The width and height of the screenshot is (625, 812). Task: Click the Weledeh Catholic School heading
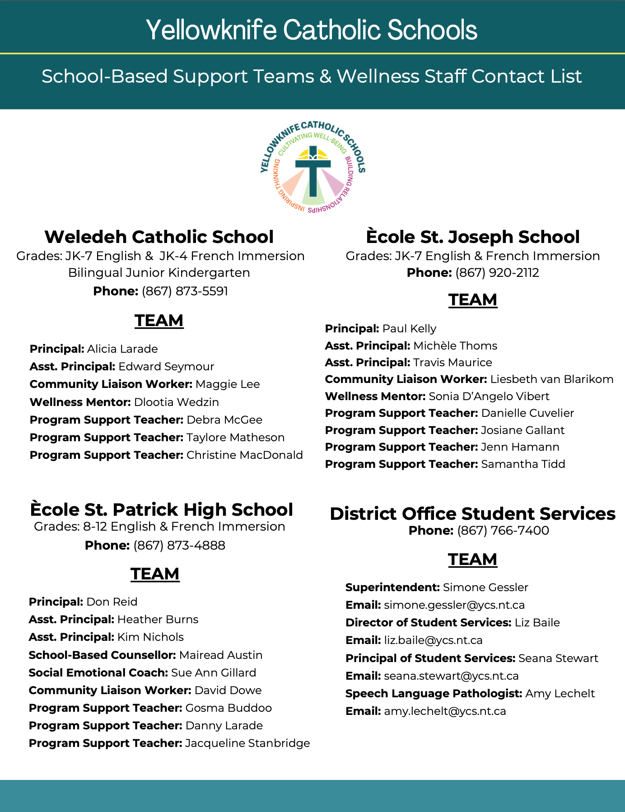pyautogui.click(x=159, y=237)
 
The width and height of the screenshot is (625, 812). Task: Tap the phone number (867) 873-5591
pyautogui.click(x=185, y=291)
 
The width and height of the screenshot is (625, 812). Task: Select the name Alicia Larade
pyautogui.click(x=122, y=349)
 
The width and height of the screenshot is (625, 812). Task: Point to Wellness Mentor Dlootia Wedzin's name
pyautogui.click(x=177, y=402)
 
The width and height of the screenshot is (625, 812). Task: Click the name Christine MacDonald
pyautogui.click(x=244, y=455)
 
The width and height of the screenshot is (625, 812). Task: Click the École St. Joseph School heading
pyautogui.click(x=473, y=237)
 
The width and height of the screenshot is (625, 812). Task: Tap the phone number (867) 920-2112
pyautogui.click(x=497, y=273)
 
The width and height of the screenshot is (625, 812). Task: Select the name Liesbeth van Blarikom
pyautogui.click(x=552, y=379)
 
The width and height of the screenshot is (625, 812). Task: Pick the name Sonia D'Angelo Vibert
pyautogui.click(x=489, y=397)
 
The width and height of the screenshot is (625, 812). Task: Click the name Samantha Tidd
pyautogui.click(x=523, y=464)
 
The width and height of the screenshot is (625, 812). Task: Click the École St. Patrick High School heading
pyautogui.click(x=162, y=509)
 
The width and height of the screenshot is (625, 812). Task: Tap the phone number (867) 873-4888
pyautogui.click(x=179, y=546)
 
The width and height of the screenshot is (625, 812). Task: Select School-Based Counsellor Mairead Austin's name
pyautogui.click(x=221, y=655)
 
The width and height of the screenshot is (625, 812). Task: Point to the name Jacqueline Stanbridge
pyautogui.click(x=247, y=743)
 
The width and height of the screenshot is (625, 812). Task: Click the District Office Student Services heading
pyautogui.click(x=472, y=513)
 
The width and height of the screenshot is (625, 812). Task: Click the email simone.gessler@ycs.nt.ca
pyautogui.click(x=454, y=605)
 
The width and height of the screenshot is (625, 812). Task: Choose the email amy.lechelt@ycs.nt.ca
pyautogui.click(x=445, y=711)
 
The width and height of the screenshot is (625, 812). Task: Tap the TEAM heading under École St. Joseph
pyautogui.click(x=473, y=300)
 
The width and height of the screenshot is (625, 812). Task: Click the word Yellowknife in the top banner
pyautogui.click(x=211, y=30)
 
